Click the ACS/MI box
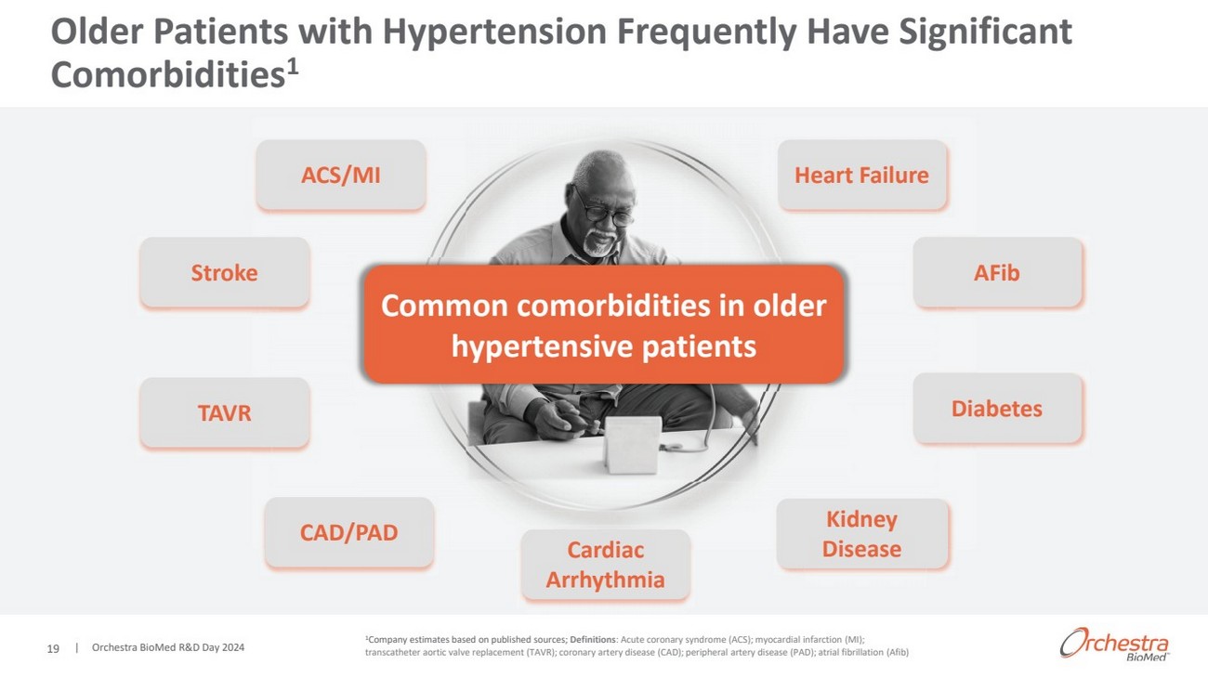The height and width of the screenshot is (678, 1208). [x=341, y=175]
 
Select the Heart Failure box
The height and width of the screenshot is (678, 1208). [x=861, y=175]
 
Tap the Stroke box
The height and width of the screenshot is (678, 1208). [x=224, y=272]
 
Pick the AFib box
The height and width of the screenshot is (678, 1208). [x=997, y=272]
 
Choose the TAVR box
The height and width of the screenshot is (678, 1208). [x=224, y=412]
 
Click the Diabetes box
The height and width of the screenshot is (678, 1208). [x=997, y=408]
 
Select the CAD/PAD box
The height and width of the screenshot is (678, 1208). [x=348, y=532]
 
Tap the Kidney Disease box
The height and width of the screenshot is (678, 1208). [x=861, y=533]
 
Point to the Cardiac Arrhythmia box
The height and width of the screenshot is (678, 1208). [x=605, y=565]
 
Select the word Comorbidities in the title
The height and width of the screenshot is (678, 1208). [x=167, y=74]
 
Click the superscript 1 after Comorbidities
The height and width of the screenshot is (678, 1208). [x=292, y=67]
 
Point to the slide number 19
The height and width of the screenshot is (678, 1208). [x=53, y=648]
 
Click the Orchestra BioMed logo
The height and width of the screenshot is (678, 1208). [x=1114, y=644]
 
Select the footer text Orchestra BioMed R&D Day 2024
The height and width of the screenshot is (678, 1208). [x=167, y=647]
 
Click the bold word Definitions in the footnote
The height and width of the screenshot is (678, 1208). [x=593, y=640]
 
